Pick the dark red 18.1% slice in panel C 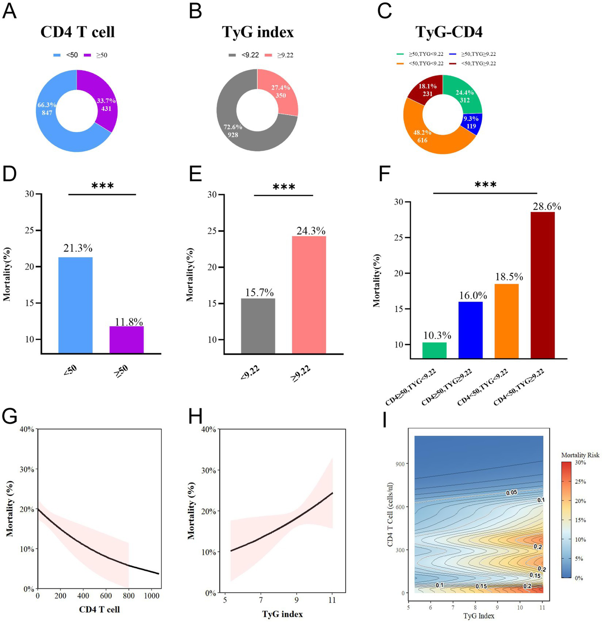tap(426, 88)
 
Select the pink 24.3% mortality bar tap(309, 295)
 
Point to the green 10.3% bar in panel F tap(434, 350)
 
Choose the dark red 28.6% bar tap(543, 285)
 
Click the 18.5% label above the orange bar tap(506, 277)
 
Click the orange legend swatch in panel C tap(400, 63)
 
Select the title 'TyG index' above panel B tap(258, 32)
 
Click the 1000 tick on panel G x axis tap(151, 596)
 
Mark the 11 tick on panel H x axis tap(332, 600)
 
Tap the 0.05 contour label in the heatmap tap(512, 492)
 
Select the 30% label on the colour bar tap(581, 463)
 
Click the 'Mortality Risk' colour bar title tap(580, 455)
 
